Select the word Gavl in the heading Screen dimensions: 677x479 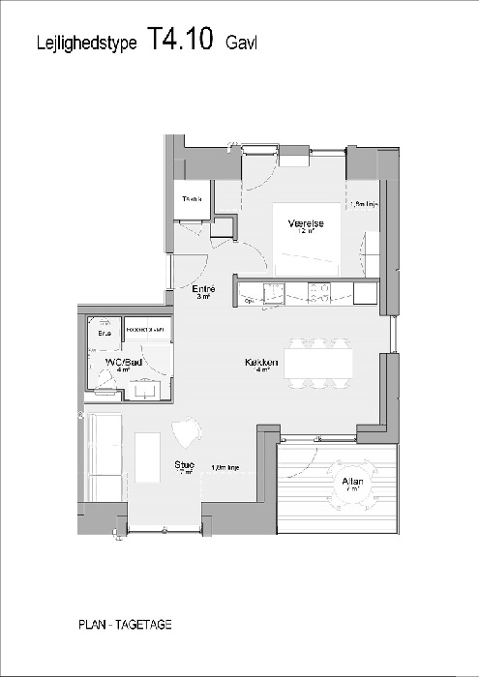tap(241, 44)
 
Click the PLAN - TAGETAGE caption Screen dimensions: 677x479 tap(125, 625)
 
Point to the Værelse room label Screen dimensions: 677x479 tap(305, 224)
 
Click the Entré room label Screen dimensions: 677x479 tap(203, 289)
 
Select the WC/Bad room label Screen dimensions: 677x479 tap(119, 362)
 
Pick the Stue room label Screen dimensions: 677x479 tap(184, 465)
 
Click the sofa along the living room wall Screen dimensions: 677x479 tap(103, 455)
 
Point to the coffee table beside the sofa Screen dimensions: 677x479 tap(146, 457)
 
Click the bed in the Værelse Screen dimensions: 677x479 tap(306, 237)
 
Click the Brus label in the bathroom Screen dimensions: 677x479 tap(104, 334)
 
